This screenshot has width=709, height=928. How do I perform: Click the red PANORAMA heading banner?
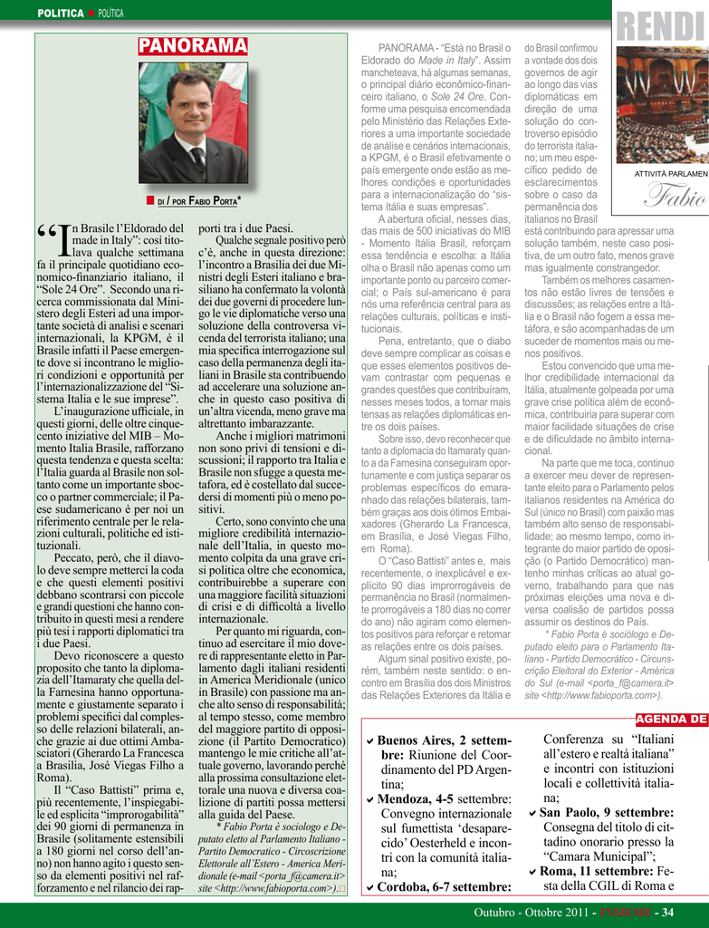point(193,46)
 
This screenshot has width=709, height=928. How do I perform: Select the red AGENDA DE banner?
point(671,720)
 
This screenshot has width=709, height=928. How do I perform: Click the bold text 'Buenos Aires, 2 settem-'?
point(444,740)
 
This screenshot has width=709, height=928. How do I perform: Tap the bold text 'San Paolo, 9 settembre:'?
point(607,813)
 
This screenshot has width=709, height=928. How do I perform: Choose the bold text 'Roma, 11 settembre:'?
point(598,871)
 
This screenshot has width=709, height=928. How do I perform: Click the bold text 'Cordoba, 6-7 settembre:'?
point(444,886)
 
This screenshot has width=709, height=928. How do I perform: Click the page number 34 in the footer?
point(667,912)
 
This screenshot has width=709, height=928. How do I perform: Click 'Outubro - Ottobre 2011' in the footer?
point(532,912)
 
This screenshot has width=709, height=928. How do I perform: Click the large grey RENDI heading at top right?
point(662,25)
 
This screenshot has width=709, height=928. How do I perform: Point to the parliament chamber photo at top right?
point(663,104)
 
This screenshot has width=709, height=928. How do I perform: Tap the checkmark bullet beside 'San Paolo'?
point(533,814)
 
